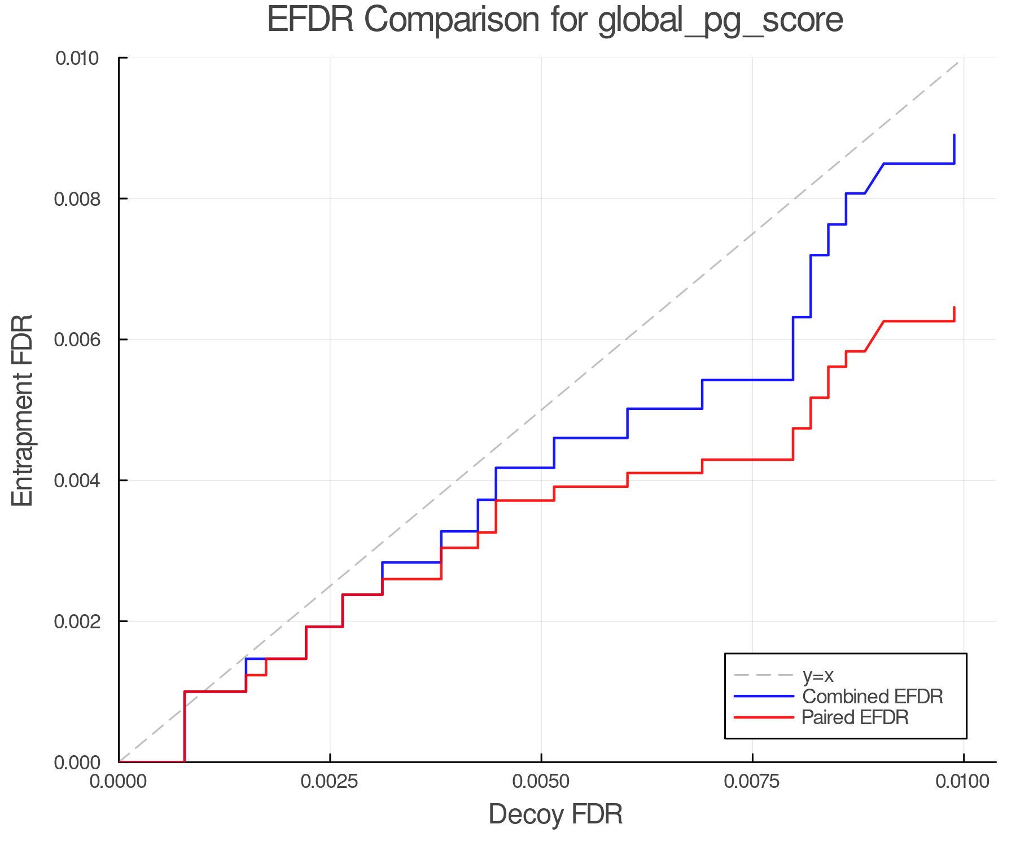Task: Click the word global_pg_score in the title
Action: [x=720, y=21]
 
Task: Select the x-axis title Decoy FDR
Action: [x=555, y=814]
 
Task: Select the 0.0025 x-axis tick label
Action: [x=330, y=782]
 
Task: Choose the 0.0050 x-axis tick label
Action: [x=541, y=782]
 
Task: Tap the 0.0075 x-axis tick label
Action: [x=752, y=782]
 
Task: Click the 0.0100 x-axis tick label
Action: [x=963, y=782]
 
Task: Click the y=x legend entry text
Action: [x=818, y=675]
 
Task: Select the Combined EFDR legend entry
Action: [x=872, y=697]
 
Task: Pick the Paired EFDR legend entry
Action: [x=855, y=717]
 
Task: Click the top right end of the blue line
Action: [x=954, y=135]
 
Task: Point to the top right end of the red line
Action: [x=954, y=308]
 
